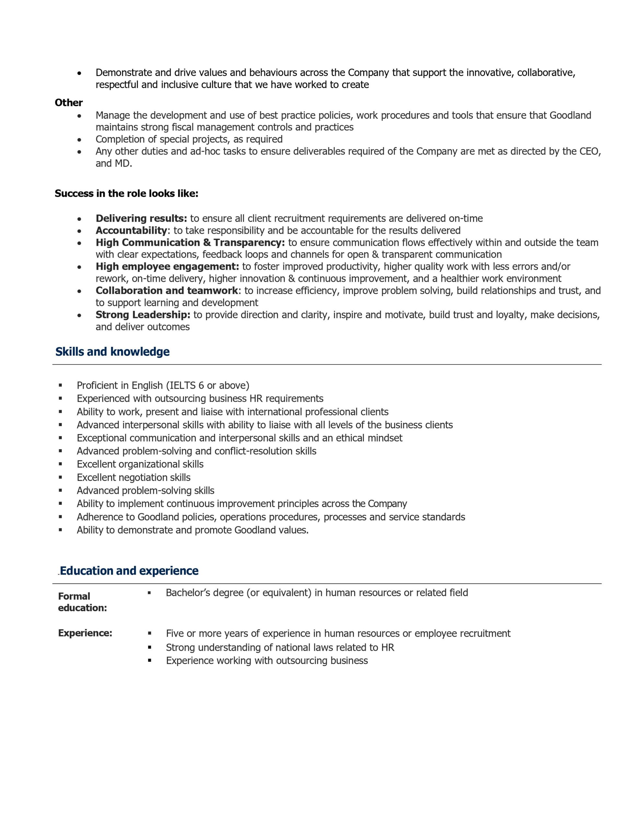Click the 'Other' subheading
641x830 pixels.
pyautogui.click(x=68, y=102)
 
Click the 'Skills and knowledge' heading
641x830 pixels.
pyautogui.click(x=112, y=351)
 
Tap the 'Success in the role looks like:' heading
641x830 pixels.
pyautogui.click(x=126, y=194)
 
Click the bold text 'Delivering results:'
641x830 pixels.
pyautogui.click(x=141, y=219)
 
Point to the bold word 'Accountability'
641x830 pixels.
pyautogui.click(x=131, y=231)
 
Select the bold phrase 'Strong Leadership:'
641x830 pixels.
pyautogui.click(x=143, y=315)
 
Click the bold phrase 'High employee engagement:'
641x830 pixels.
pyautogui.click(x=167, y=267)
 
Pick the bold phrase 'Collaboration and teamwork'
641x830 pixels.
pyautogui.click(x=167, y=291)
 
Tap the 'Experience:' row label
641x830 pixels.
pyautogui.click(x=85, y=633)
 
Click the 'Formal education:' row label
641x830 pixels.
pyautogui.click(x=82, y=602)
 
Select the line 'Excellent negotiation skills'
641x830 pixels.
pyautogui.click(x=134, y=477)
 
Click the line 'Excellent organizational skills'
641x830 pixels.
pyautogui.click(x=140, y=464)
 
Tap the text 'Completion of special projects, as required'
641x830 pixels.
pyautogui.click(x=189, y=139)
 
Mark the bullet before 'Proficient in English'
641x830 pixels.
pyautogui.click(x=60, y=385)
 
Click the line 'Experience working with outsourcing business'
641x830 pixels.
pyautogui.click(x=267, y=660)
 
